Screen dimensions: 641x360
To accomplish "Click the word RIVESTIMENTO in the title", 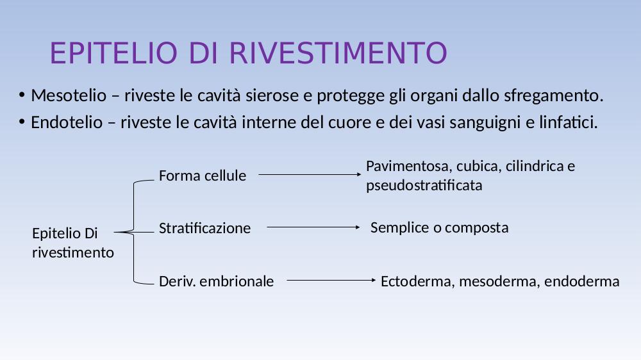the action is point(338,53).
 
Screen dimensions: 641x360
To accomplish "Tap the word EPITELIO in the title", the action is point(113,53).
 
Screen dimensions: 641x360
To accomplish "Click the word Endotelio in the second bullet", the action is point(67,122).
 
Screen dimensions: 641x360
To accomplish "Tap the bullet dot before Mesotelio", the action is point(22,95).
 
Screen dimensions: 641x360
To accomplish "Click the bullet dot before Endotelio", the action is point(22,122).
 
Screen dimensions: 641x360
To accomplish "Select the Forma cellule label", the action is point(203,176).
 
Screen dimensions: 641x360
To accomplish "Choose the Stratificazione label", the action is point(205,228).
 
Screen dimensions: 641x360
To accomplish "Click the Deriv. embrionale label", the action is point(216,281).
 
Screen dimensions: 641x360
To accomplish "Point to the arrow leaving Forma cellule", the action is point(310,174).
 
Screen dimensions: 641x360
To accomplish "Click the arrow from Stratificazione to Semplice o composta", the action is point(313,227).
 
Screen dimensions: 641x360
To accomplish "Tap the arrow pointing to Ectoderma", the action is point(331,280).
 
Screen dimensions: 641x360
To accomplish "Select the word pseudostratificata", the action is point(424,186).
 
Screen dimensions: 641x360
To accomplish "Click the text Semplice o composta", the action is point(440,227).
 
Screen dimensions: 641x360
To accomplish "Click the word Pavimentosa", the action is point(409,167).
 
